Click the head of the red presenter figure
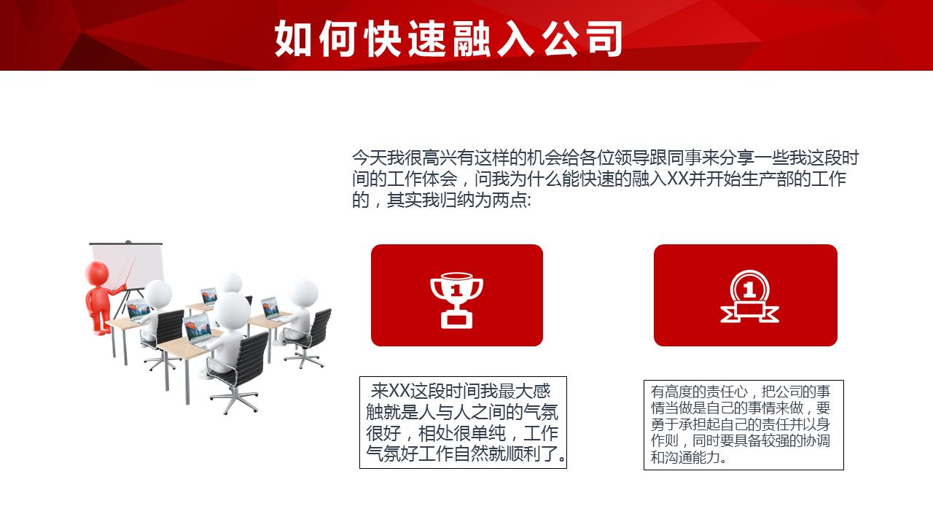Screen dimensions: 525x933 click(x=96, y=273)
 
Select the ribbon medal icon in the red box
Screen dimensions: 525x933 click(x=749, y=297)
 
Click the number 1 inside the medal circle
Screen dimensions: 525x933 click(x=749, y=290)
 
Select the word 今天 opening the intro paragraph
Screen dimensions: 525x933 click(x=369, y=158)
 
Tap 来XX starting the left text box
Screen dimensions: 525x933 click(x=393, y=392)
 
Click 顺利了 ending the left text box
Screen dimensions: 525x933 click(x=543, y=456)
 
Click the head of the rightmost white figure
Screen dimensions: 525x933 click(x=302, y=292)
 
